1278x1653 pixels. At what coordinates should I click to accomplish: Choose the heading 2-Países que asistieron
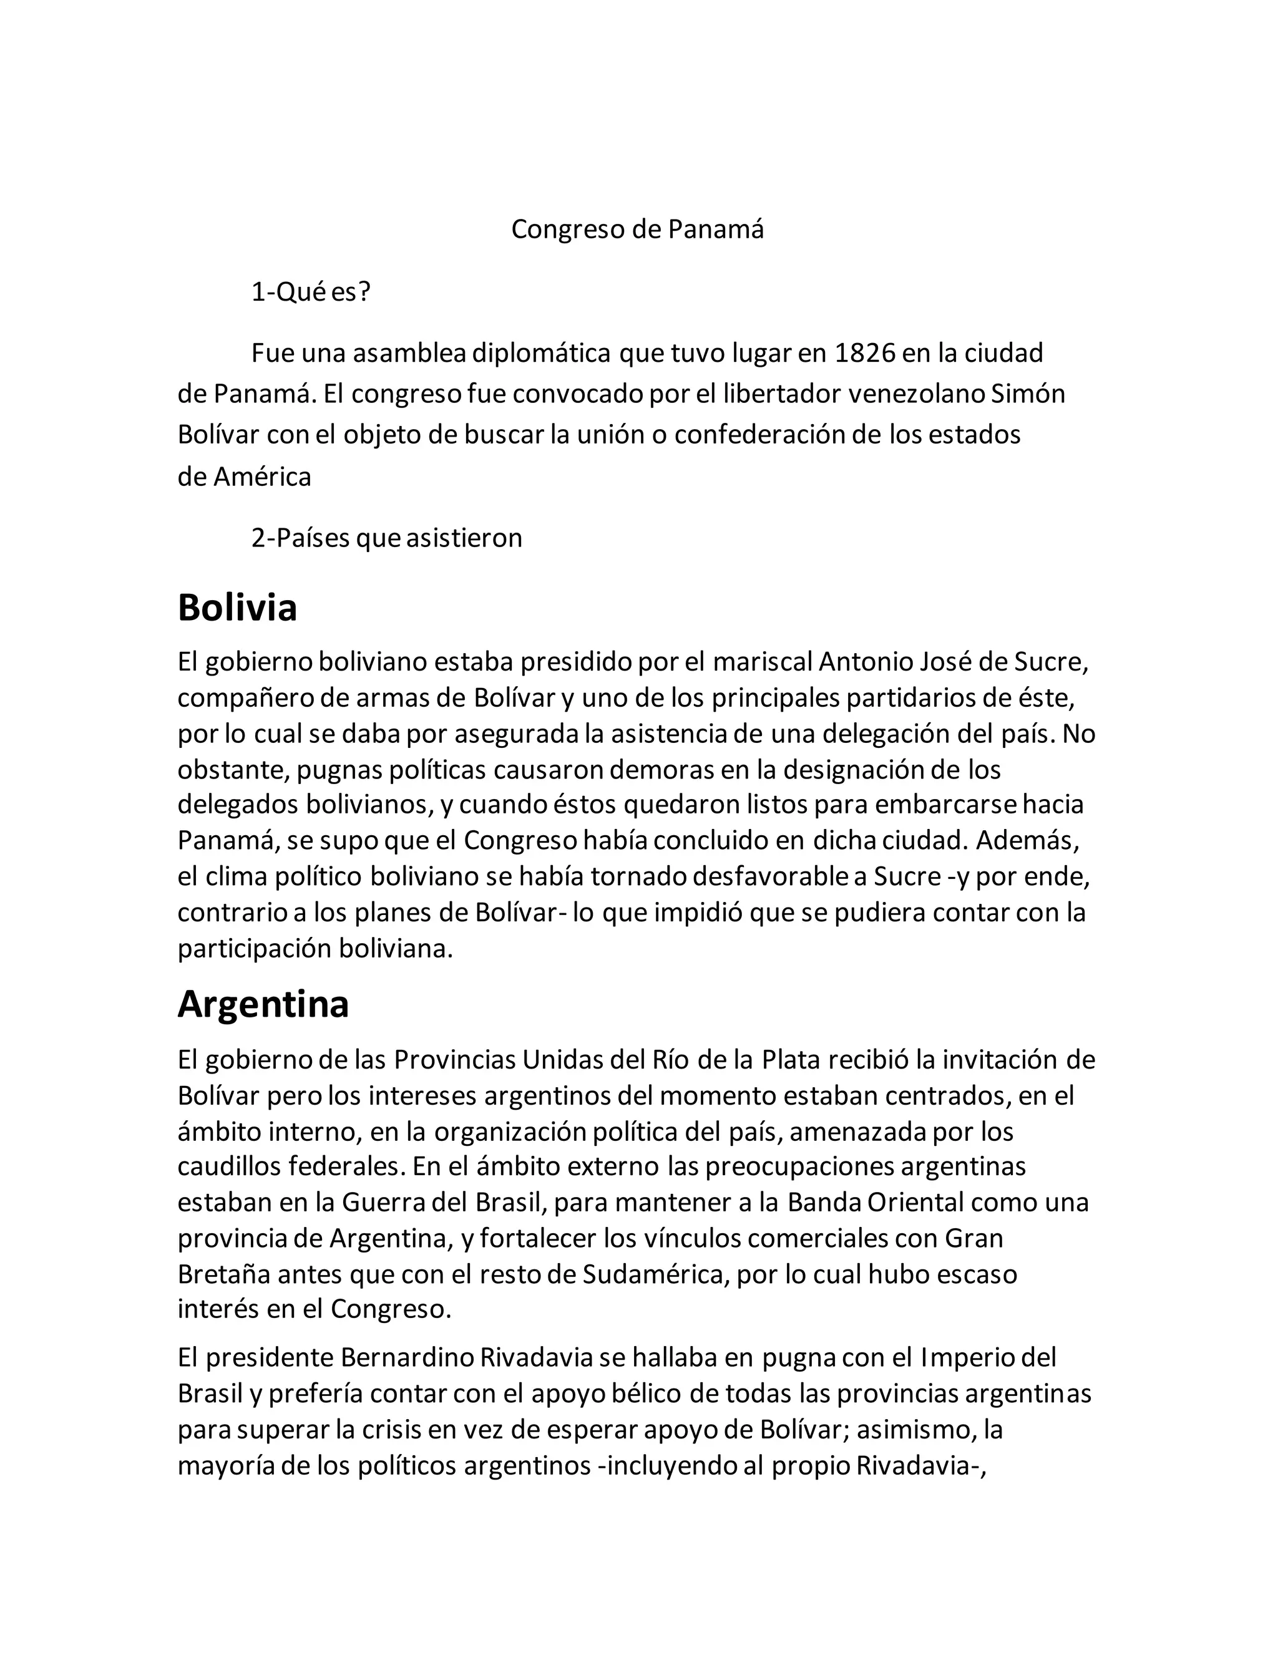pyautogui.click(x=387, y=537)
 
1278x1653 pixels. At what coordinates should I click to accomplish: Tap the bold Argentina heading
pyautogui.click(x=263, y=1004)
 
